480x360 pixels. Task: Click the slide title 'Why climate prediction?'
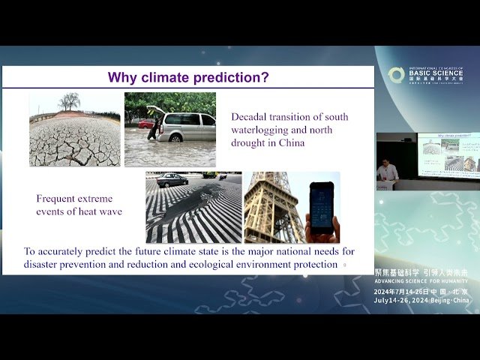(x=188, y=77)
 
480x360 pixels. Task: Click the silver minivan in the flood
(x=185, y=127)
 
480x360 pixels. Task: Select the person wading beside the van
(x=155, y=124)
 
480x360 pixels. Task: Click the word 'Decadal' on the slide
(x=250, y=117)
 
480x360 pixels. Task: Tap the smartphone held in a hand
(x=321, y=206)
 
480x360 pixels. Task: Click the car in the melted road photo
(x=172, y=180)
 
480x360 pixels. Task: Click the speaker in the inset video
(x=387, y=171)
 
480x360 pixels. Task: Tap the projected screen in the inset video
(x=448, y=155)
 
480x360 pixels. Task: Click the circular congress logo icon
(x=396, y=75)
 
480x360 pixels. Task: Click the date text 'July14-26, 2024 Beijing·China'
(x=421, y=300)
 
